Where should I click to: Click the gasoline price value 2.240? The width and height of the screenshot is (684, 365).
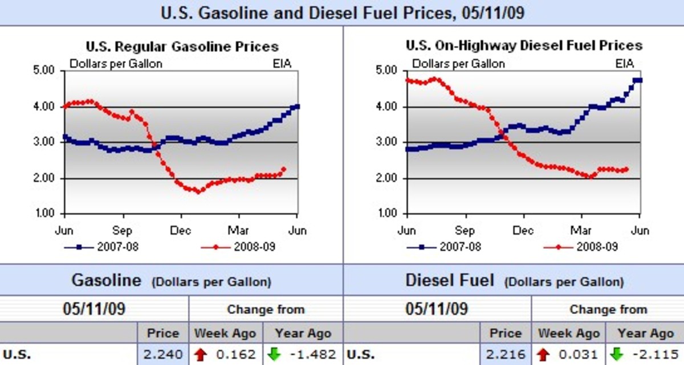[163, 355]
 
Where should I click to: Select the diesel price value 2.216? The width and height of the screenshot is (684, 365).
[505, 355]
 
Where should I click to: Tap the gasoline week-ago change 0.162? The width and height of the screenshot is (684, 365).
[236, 355]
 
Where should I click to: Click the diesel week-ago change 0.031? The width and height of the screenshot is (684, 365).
[578, 355]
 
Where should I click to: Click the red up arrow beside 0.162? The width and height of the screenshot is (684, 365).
[201, 355]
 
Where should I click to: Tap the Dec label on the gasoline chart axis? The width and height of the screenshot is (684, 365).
[181, 231]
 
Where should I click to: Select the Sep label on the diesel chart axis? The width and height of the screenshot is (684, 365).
[466, 231]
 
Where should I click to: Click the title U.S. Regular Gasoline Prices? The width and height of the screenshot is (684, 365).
[182, 46]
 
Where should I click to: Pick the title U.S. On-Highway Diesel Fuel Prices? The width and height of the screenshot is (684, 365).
[524, 45]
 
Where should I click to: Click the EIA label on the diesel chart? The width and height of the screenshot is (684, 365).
[625, 64]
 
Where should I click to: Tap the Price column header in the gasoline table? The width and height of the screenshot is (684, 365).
[163, 333]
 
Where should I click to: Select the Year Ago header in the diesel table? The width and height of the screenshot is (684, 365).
[645, 333]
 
